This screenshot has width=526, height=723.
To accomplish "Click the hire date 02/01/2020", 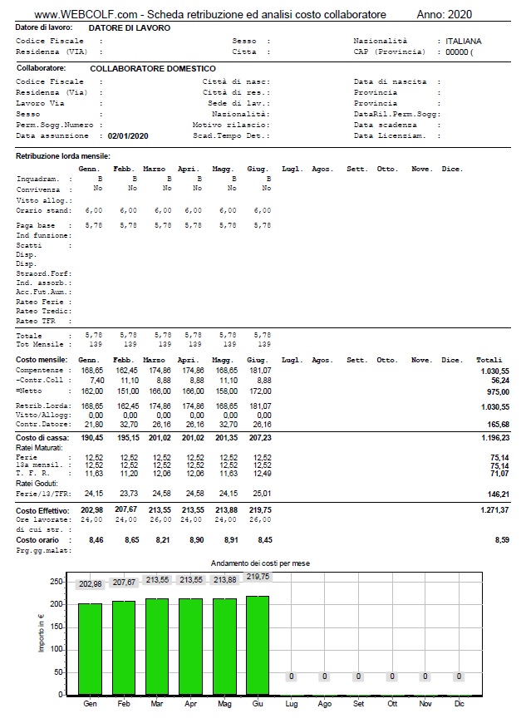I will [128, 135].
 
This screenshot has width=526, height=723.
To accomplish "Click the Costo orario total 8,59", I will [501, 540].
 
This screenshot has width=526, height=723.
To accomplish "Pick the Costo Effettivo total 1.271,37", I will [494, 509].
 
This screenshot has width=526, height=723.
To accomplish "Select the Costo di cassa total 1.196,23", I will [494, 436].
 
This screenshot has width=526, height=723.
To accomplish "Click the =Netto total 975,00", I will [498, 391].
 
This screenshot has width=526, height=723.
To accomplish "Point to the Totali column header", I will [489, 360].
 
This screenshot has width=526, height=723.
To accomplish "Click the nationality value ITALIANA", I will [463, 41].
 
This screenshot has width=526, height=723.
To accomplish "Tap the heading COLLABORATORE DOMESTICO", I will [152, 68].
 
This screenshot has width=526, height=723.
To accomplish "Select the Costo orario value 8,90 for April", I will [194, 540].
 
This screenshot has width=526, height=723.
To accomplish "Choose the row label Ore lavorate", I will [39, 520].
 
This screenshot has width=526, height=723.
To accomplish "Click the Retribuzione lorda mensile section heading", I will [63, 156].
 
